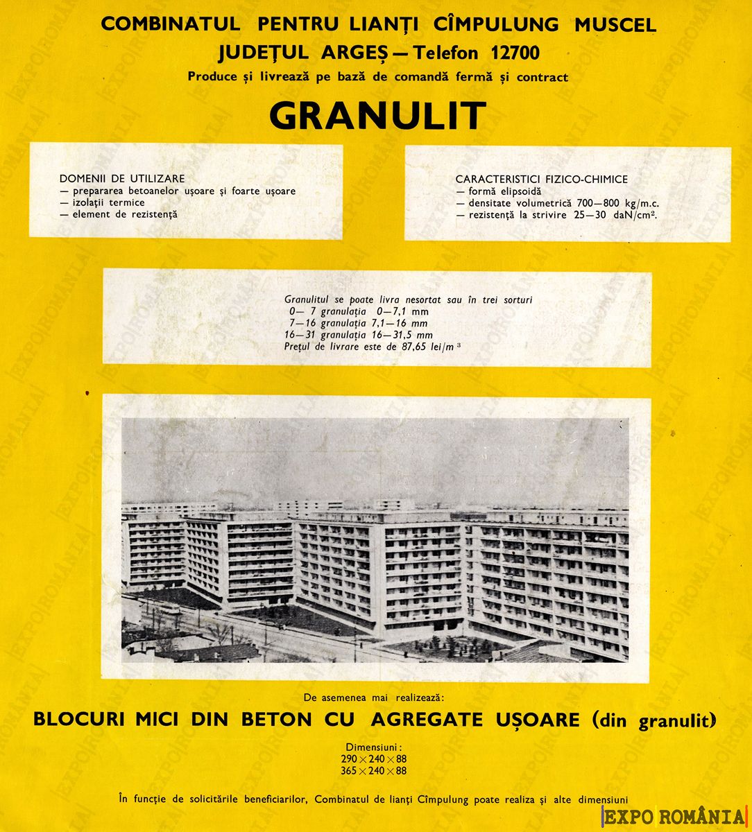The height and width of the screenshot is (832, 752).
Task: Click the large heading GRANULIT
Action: click(377, 116)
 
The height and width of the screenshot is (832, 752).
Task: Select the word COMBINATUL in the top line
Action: click(171, 24)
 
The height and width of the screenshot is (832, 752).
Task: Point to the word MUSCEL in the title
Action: click(615, 24)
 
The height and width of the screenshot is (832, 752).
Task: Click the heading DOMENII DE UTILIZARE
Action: click(122, 179)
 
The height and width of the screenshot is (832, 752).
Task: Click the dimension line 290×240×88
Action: click(374, 759)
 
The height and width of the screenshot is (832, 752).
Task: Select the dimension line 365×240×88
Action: click(374, 770)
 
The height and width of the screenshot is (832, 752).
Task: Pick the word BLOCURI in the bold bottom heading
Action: click(78, 720)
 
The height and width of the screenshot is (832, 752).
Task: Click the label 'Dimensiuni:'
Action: click(375, 747)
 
